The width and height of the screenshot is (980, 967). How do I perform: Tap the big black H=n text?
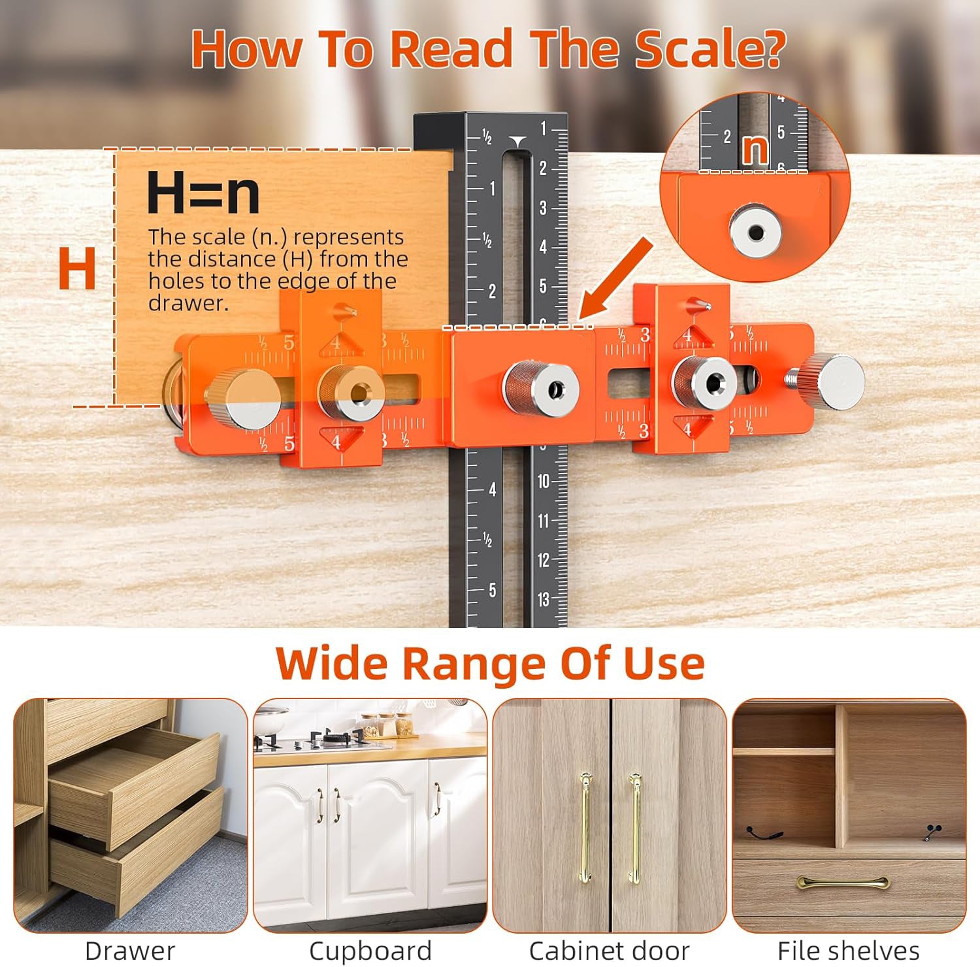pos(203,193)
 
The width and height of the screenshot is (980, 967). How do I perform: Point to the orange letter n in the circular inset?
pos(755,150)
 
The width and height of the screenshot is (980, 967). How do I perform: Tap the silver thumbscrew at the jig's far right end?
pos(840,382)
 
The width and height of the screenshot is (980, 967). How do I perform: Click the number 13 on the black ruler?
pos(544,599)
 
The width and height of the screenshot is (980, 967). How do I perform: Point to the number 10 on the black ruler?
pos(544,482)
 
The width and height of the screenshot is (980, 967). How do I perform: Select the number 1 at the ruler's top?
pos(544,129)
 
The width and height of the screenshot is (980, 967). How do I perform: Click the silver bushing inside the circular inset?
pos(756,232)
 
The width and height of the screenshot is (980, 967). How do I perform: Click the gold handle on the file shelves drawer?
pos(843,882)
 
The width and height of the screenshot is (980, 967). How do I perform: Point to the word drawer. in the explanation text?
pos(188,303)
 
